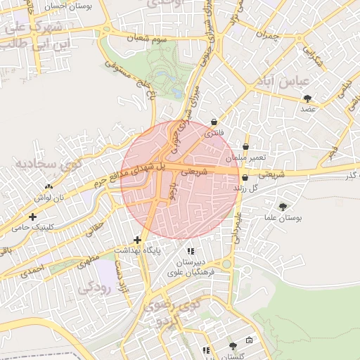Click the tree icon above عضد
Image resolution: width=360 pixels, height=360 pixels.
306,98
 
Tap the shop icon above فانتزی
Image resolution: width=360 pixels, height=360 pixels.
214,122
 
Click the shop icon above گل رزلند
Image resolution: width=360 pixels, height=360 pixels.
245,178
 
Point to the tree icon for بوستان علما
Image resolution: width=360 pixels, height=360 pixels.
283,207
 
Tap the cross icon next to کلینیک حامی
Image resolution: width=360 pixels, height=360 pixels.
33,216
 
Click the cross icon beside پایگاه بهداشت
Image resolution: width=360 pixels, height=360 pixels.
138,240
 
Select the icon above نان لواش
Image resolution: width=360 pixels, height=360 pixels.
49,187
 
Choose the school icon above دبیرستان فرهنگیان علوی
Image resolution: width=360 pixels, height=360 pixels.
189,251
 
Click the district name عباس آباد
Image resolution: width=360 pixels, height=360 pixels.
288,82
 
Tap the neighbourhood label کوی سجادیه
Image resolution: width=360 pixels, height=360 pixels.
48,167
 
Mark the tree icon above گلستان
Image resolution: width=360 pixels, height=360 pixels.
233,346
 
